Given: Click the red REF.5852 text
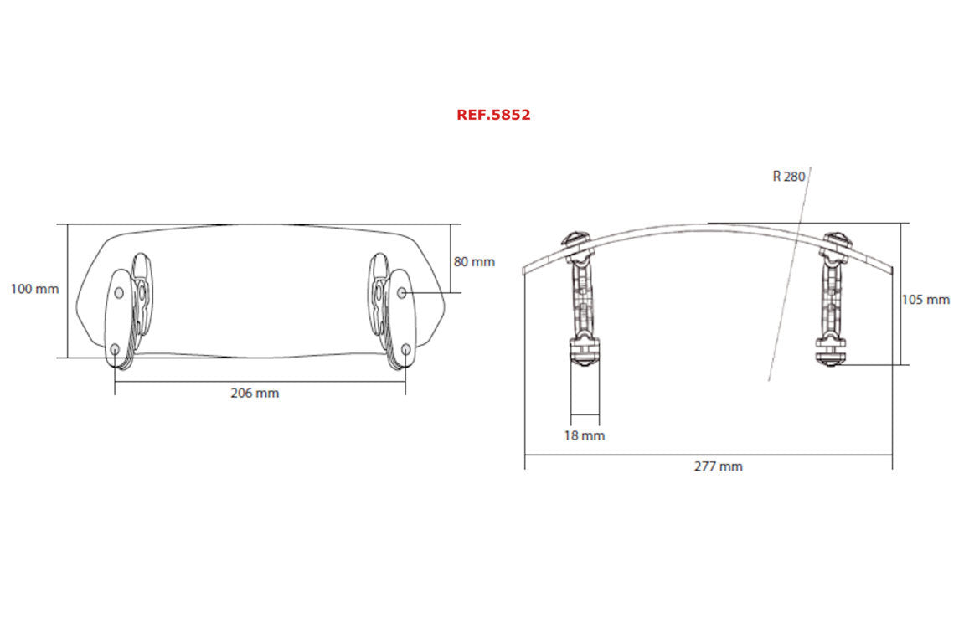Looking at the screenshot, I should tap(493, 115).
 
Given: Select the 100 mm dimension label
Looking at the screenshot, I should tap(34, 289).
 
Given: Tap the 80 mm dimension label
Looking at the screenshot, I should tap(474, 261).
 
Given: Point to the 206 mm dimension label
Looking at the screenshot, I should tap(255, 393).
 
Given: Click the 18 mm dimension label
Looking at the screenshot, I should tap(584, 435).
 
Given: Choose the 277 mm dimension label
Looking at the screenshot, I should tap(718, 466).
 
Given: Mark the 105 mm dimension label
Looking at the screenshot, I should tap(925, 299).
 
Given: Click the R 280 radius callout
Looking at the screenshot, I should tap(788, 177).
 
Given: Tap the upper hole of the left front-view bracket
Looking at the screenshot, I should tap(118, 292).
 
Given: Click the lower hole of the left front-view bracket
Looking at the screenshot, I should tap(114, 348).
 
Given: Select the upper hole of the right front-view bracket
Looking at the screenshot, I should tap(402, 292).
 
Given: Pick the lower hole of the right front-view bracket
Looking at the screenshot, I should tap(406, 348).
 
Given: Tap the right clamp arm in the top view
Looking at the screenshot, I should tap(834, 289).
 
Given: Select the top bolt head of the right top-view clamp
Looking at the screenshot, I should tap(837, 240).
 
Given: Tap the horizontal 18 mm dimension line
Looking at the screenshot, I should tap(585, 414).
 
